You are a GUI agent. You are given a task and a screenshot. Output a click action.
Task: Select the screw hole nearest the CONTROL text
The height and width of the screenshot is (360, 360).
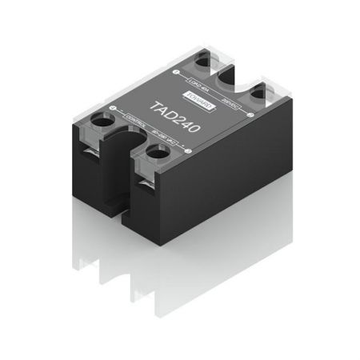click(x=103, y=121)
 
